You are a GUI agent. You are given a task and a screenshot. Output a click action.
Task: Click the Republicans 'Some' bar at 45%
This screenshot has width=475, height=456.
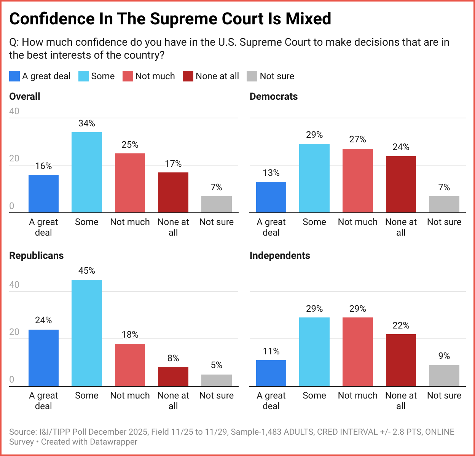pyautogui.click(x=87, y=333)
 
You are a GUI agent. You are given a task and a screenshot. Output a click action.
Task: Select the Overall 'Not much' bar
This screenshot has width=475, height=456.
pyautogui.click(x=130, y=183)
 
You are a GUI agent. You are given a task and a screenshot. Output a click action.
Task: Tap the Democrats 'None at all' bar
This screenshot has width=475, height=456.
pyautogui.click(x=401, y=184)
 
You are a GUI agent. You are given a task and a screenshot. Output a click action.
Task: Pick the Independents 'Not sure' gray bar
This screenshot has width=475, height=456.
pyautogui.click(x=444, y=376)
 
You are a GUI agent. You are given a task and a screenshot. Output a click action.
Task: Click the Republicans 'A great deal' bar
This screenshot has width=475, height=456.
pyautogui.click(x=43, y=358)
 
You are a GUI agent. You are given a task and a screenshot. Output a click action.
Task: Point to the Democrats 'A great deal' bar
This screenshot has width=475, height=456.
pyautogui.click(x=271, y=197)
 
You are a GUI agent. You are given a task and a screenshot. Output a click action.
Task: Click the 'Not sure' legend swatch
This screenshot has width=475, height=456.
pyautogui.click(x=252, y=76)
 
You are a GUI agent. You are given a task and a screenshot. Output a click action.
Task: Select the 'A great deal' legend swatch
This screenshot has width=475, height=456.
pyautogui.click(x=14, y=76)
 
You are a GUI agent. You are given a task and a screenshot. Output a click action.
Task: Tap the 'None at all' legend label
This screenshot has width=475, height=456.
pyautogui.click(x=217, y=76)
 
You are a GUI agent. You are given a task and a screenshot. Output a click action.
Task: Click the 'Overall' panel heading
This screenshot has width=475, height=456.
pyautogui.click(x=25, y=96)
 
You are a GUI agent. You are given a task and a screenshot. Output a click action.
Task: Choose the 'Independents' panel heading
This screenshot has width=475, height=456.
pyautogui.click(x=280, y=255)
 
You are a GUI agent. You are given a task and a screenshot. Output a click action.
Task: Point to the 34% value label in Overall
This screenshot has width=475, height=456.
pyautogui.click(x=87, y=123)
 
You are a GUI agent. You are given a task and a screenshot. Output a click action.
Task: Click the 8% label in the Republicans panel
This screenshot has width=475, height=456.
pyautogui.click(x=173, y=358)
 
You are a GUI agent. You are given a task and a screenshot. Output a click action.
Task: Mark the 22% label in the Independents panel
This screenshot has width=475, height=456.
pyautogui.click(x=401, y=325)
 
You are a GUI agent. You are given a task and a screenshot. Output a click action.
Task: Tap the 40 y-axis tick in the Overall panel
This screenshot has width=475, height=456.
pyautogui.click(x=14, y=111)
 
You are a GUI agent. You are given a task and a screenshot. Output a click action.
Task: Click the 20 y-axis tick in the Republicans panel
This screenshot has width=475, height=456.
pyautogui.click(x=14, y=332)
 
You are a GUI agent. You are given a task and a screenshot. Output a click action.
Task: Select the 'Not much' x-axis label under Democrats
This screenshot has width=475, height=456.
pyautogui.click(x=357, y=222)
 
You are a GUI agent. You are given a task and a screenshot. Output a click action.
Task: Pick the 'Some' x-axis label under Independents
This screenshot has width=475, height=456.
pyautogui.click(x=314, y=395)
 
